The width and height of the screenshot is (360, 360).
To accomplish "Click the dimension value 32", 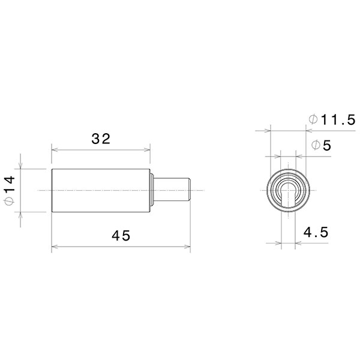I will tap(101, 139).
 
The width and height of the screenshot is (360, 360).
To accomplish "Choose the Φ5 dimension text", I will tap(321, 146).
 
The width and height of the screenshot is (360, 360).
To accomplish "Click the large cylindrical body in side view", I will tap(100, 190).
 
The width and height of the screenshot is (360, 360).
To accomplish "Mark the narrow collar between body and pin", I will tap(153, 190).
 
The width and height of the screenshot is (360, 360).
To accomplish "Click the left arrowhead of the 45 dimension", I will tap(54, 245).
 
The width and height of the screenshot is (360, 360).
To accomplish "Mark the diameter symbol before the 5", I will tap(314, 146).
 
